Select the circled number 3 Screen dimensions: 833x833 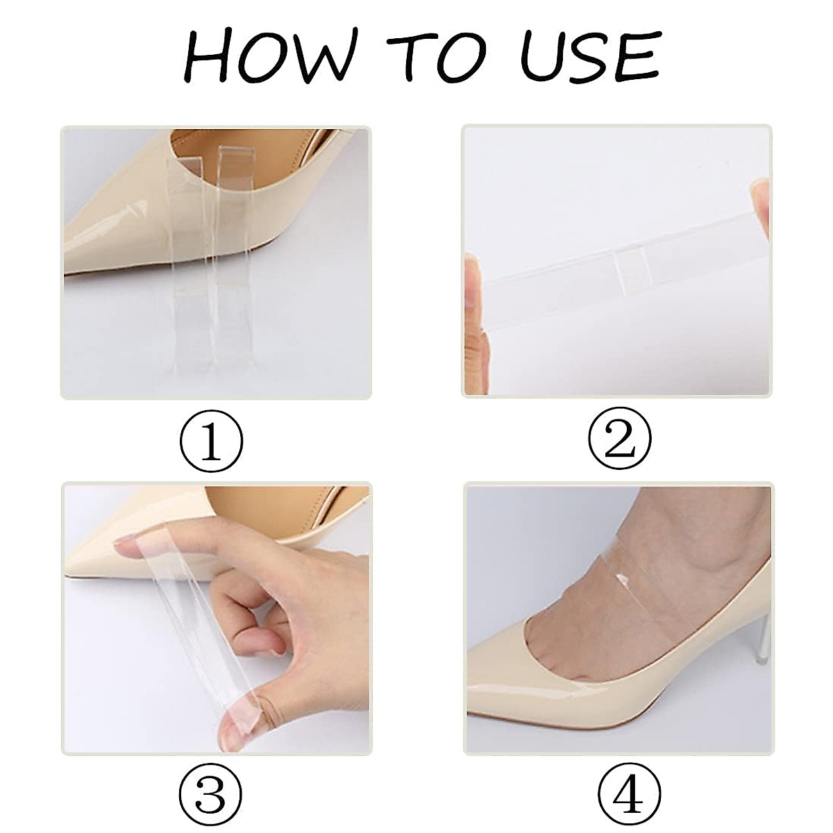212,797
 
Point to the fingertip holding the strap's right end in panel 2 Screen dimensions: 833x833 760,208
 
